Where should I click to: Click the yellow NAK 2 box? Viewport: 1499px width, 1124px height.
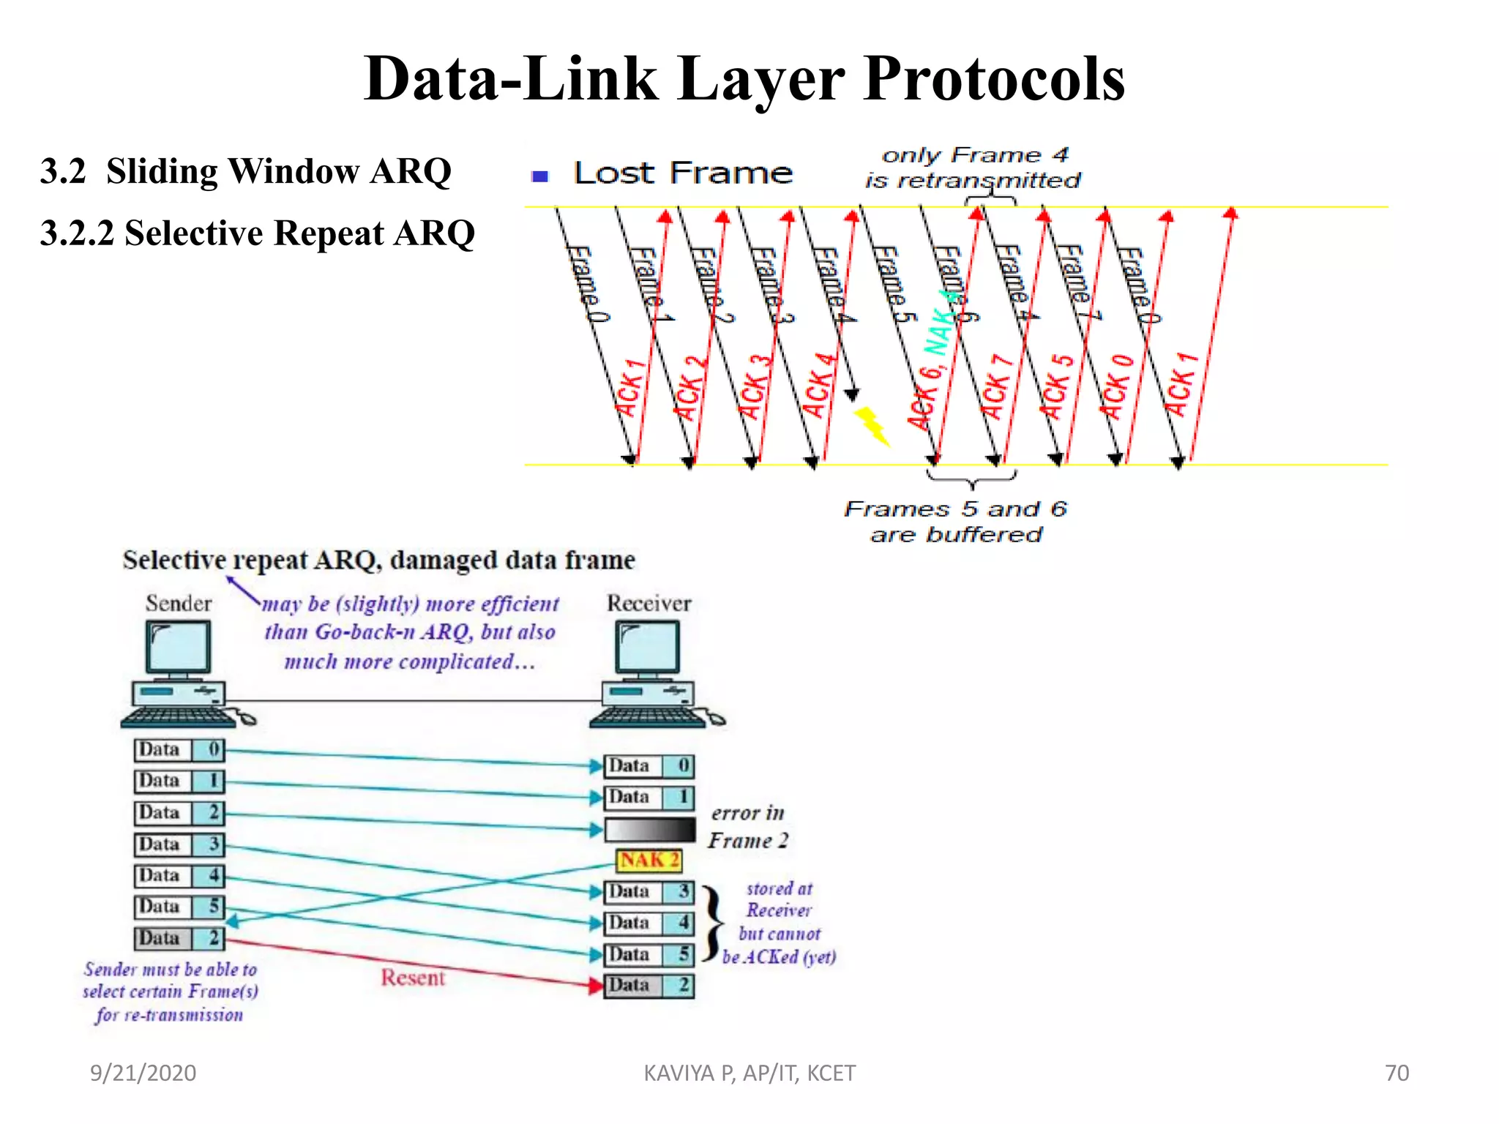click(648, 861)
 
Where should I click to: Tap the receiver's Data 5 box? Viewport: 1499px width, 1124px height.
click(648, 955)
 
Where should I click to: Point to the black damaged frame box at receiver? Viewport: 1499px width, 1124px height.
click(649, 829)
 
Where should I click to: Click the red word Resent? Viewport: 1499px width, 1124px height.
click(412, 978)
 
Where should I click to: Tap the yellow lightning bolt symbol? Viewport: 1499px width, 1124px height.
click(872, 425)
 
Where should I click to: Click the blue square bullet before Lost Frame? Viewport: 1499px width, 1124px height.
click(540, 176)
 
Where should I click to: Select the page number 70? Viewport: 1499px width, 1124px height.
click(1397, 1073)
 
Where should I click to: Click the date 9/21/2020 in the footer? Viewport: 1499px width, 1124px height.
click(143, 1073)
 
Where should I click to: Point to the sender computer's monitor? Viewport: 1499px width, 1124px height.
click(178, 648)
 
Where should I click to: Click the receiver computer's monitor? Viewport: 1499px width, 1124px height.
click(647, 648)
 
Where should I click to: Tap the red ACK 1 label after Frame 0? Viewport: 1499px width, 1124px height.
click(629, 389)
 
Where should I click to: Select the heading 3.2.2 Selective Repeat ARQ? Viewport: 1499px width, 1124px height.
click(258, 233)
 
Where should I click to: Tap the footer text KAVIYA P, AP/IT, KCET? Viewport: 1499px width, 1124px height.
click(749, 1073)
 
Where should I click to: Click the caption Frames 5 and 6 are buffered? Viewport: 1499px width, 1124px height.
click(955, 521)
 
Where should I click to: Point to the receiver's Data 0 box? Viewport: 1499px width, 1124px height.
click(648, 766)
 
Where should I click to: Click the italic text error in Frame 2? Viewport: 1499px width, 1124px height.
click(748, 827)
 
